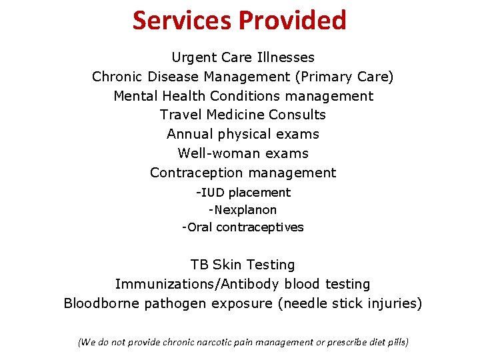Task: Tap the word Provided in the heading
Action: [x=291, y=20]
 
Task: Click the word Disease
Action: [x=174, y=77]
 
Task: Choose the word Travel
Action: [x=180, y=115]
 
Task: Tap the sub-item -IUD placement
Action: [x=243, y=193]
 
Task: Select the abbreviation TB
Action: [x=199, y=265]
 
